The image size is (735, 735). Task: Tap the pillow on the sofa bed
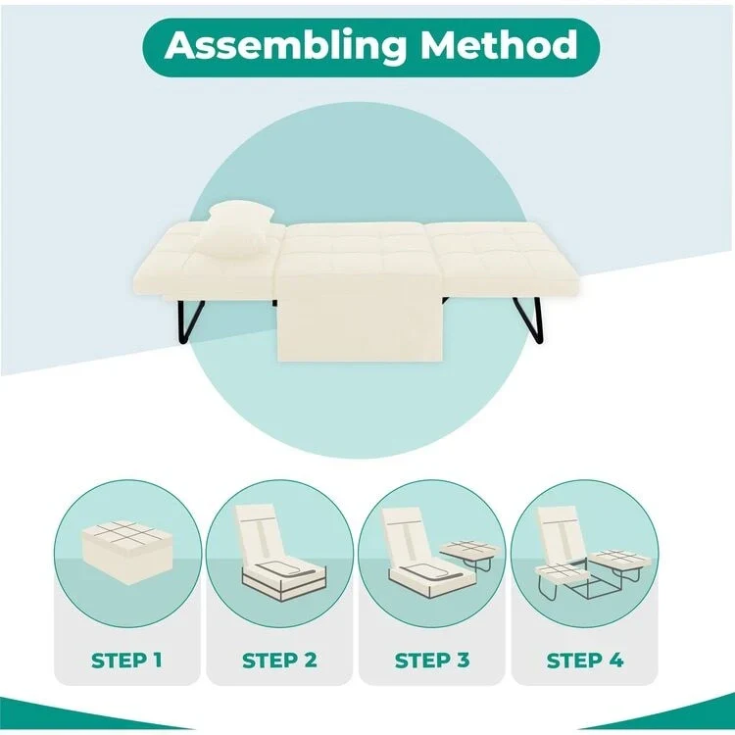coord(233,231)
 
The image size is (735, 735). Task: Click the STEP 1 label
coord(127,660)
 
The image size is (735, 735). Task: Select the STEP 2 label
coord(279,660)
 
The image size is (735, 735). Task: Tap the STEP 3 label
coord(432,660)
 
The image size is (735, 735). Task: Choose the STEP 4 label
coord(584,660)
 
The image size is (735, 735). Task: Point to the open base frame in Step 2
coord(280,578)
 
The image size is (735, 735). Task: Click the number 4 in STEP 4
coord(614,660)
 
